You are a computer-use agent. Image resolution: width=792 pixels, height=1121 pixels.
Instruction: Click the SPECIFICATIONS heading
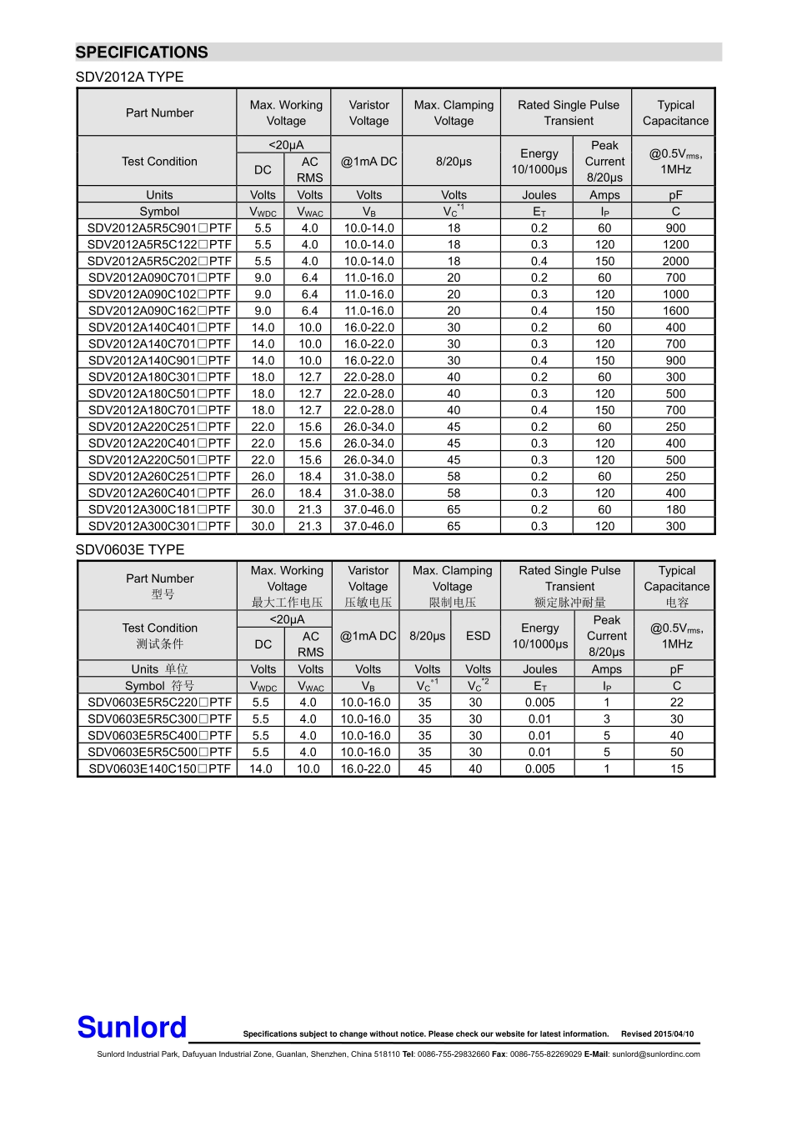tap(142, 53)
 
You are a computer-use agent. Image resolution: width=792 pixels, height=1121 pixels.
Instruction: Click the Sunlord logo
tap(132, 1028)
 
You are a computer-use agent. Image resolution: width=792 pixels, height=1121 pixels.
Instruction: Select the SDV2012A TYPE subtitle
tap(129, 77)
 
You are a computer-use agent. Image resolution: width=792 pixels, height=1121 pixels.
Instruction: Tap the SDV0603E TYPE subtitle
tap(130, 550)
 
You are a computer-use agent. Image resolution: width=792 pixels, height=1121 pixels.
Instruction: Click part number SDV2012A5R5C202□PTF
tap(159, 261)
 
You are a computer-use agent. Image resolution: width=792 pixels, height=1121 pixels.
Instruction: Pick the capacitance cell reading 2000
tap(675, 261)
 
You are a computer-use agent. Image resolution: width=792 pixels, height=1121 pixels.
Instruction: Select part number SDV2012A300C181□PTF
tap(159, 509)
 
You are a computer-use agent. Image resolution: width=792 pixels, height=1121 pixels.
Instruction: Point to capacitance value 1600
tap(675, 311)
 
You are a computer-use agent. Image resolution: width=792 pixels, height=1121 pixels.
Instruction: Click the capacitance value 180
tap(675, 509)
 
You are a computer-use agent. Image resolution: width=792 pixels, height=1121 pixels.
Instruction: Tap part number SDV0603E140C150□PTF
tap(159, 768)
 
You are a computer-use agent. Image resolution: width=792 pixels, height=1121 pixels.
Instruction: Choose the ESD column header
tap(478, 636)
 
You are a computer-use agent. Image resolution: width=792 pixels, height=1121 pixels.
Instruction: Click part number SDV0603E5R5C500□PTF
tap(159, 752)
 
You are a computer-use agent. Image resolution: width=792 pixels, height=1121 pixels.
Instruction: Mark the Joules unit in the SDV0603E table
tap(539, 669)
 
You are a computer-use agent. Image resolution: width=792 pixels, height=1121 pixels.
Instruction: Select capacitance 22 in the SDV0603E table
tap(676, 703)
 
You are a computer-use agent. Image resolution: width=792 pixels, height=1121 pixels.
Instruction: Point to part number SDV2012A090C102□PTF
tap(159, 294)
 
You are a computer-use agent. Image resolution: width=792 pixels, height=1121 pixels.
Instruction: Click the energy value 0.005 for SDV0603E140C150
tap(539, 768)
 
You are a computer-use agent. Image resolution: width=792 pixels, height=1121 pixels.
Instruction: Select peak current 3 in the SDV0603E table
tap(606, 719)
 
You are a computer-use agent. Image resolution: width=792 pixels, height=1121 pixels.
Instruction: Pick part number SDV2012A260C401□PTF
tap(159, 493)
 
